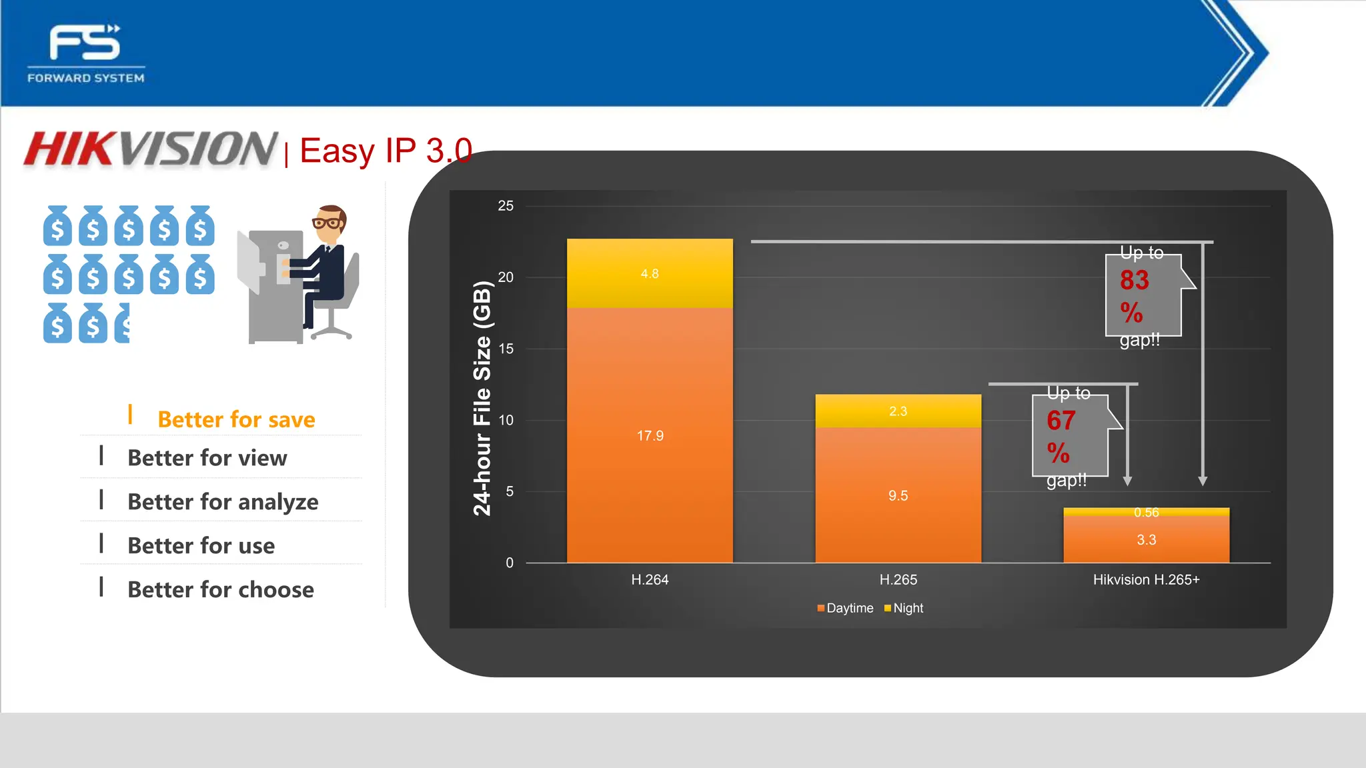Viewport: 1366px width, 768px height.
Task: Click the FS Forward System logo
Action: tap(85, 53)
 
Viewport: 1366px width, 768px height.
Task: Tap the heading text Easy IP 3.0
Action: tap(386, 151)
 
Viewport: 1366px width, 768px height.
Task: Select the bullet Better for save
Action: tap(236, 419)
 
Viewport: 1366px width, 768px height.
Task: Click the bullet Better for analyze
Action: tap(223, 501)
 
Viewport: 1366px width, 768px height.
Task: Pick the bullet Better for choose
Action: tap(220, 589)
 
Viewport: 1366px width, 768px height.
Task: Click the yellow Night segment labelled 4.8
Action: tap(650, 273)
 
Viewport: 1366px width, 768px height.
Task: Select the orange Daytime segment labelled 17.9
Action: tap(650, 435)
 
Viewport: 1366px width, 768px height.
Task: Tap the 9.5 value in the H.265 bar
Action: tap(898, 495)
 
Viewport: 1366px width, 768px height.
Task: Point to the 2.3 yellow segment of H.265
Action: tap(898, 411)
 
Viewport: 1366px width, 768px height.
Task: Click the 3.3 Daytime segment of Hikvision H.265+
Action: tap(1146, 539)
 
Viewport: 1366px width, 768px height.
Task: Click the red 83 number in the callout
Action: tap(1134, 280)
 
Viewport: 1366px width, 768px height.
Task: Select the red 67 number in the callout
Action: tap(1061, 421)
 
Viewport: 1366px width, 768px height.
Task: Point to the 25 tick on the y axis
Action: tap(506, 206)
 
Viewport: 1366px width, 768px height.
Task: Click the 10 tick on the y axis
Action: tap(506, 420)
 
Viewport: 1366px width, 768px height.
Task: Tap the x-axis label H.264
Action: tap(650, 579)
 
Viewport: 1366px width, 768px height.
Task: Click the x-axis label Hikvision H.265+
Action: tap(1146, 579)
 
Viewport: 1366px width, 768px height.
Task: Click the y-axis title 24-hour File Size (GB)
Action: tap(482, 399)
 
